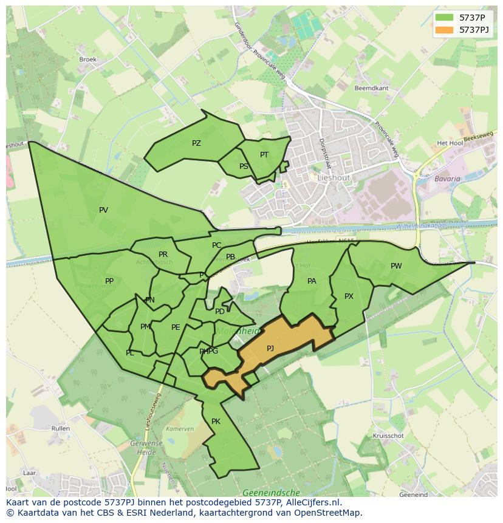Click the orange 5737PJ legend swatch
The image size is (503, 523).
point(445,30)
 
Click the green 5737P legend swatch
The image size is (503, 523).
point(445,18)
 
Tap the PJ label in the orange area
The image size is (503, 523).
point(270,349)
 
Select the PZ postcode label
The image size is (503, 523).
point(196,143)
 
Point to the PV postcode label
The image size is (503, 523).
point(103,210)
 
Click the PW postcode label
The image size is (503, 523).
point(396,266)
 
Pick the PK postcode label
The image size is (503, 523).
point(216,422)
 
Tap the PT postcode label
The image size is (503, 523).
point(264,155)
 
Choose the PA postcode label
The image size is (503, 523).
point(312,281)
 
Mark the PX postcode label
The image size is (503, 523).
point(349,296)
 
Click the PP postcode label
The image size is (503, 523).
point(109,281)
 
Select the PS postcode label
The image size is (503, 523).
point(244,166)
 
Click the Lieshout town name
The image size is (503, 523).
point(333,178)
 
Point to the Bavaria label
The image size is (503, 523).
point(447,179)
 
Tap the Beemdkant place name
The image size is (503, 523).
point(371,88)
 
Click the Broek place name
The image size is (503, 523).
point(88,60)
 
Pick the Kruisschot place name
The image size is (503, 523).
point(388,436)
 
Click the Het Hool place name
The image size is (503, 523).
point(450,143)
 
